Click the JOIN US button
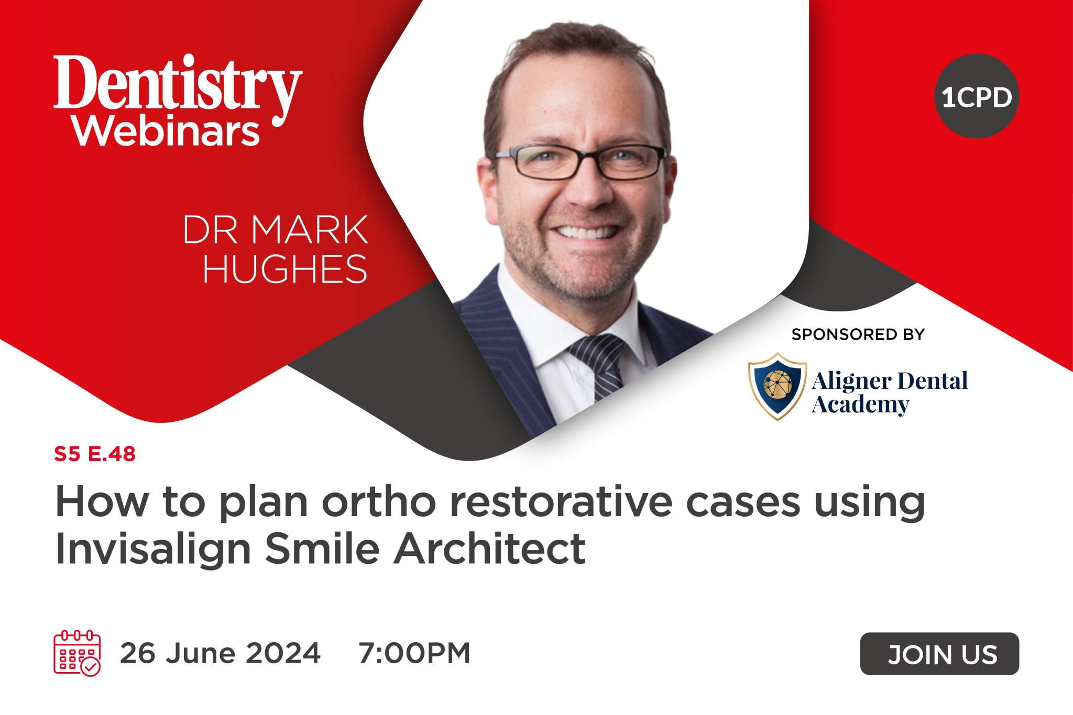[x=939, y=654]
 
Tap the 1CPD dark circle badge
[x=976, y=96]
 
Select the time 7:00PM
[x=414, y=653]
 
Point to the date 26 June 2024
[x=220, y=653]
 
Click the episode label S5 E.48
[x=95, y=454]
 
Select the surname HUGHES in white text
[x=284, y=269]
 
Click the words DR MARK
[x=275, y=230]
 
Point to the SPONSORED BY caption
[x=858, y=334]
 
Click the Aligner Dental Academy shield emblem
[x=778, y=386]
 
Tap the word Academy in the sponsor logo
[x=860, y=405]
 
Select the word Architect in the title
[x=489, y=549]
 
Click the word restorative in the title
[x=561, y=501]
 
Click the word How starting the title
[x=102, y=501]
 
